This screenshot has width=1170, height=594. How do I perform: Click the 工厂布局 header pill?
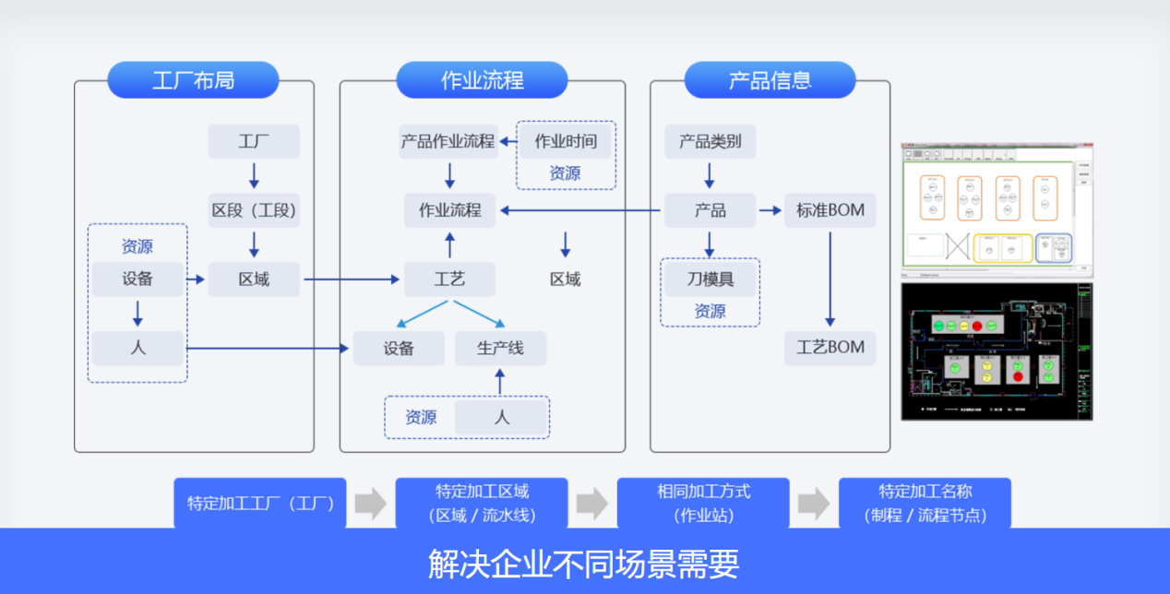[193, 80]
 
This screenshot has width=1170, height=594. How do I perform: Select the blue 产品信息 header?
[770, 80]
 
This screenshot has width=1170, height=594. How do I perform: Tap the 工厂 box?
[254, 141]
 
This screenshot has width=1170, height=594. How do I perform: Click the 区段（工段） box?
[254, 210]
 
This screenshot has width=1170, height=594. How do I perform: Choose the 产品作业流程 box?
[448, 141]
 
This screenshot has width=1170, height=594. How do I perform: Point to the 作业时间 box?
[566, 141]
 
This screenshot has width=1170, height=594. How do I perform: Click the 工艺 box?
[449, 279]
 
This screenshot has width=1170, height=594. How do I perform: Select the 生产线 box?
[500, 348]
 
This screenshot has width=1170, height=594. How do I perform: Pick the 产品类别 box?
[710, 141]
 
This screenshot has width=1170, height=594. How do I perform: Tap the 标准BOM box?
[830, 210]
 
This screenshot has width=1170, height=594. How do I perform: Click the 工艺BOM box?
[830, 348]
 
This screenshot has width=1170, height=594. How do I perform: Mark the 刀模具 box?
[710, 279]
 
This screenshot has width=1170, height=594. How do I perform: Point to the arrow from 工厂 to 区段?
[254, 175]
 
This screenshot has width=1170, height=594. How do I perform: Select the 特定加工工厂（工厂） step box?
[260, 504]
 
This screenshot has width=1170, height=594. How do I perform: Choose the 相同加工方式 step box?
[703, 504]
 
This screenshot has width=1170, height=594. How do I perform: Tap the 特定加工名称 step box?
[925, 504]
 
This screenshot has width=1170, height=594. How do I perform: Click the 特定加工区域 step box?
[482, 504]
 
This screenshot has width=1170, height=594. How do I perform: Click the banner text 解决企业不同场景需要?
[584, 563]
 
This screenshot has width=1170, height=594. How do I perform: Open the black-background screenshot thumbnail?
[997, 351]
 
